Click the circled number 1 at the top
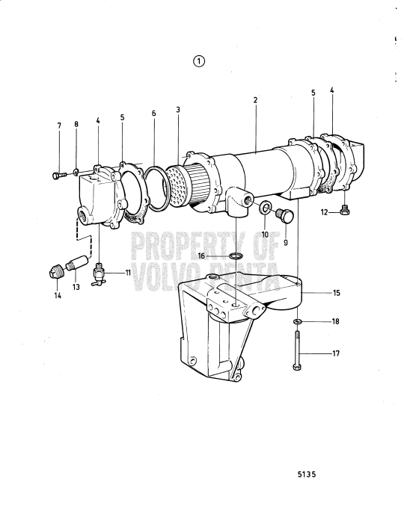[198, 61]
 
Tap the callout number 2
[255, 99]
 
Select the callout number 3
[178, 110]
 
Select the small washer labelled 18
[297, 321]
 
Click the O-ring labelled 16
[235, 256]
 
